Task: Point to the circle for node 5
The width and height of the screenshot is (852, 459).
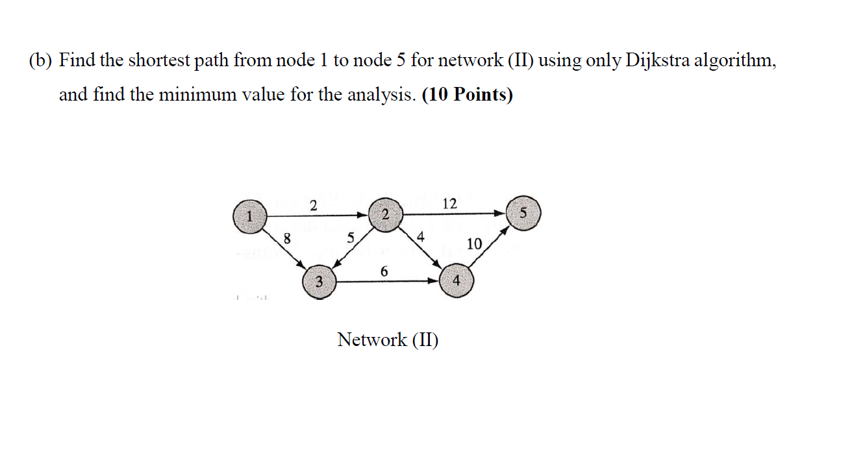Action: click(523, 212)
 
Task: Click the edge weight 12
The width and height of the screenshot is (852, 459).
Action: click(449, 203)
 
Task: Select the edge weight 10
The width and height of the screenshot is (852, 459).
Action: click(474, 244)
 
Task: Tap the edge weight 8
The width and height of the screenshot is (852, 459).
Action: click(286, 239)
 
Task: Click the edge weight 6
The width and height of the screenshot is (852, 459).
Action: click(384, 271)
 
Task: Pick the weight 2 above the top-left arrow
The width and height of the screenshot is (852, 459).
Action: click(313, 206)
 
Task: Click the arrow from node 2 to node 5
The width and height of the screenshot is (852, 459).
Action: click(455, 213)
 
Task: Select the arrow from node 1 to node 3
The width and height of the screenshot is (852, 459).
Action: click(283, 247)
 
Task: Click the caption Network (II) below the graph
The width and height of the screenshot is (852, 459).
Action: click(388, 339)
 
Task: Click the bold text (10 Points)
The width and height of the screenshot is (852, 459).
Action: click(467, 95)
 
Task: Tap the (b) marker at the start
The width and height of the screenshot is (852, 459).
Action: click(40, 61)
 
